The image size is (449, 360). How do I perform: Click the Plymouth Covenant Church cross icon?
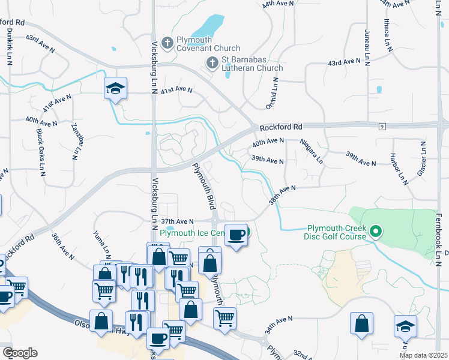(167, 43)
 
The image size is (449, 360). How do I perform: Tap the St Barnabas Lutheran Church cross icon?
(212, 62)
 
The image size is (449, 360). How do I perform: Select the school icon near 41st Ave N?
(115, 89)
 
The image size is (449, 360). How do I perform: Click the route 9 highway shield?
(382, 125)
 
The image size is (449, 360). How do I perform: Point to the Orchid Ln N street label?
(273, 93)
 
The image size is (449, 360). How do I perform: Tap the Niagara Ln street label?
(312, 151)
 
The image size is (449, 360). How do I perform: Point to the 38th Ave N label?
(282, 195)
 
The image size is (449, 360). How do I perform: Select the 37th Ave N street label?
(177, 221)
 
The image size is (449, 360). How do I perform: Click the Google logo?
(20, 352)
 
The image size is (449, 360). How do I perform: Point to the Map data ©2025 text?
(423, 355)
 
